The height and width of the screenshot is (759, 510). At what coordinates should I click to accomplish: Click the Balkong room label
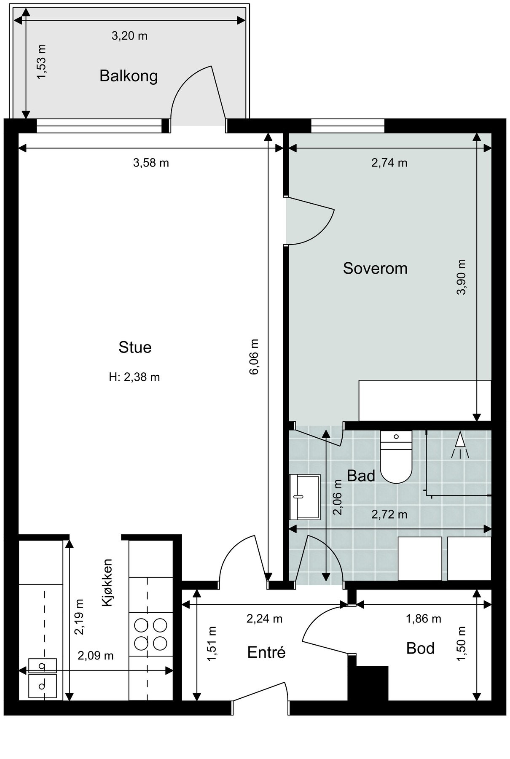tap(129, 76)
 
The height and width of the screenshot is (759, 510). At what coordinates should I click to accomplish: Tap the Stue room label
tap(135, 347)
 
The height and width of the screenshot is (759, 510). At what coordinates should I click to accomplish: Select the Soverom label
tap(375, 268)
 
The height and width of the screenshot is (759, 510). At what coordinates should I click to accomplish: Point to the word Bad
tap(361, 476)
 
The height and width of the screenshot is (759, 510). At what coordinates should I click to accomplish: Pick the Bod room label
tap(420, 648)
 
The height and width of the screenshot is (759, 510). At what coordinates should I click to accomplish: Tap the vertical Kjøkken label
tap(107, 583)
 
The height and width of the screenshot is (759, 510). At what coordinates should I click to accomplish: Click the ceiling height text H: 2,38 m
tap(134, 377)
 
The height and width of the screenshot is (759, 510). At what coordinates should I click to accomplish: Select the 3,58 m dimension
tap(151, 163)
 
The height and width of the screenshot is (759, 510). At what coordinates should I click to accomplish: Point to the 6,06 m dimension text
tap(255, 357)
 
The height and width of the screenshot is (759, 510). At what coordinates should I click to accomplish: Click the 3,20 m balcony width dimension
tap(129, 36)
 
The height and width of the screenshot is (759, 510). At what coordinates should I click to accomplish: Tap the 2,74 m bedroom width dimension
tap(389, 163)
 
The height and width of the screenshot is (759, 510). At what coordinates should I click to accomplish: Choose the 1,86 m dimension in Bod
tap(423, 619)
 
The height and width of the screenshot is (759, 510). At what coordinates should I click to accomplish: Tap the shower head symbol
tap(460, 444)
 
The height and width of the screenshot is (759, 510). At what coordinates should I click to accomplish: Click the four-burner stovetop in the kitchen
tap(150, 634)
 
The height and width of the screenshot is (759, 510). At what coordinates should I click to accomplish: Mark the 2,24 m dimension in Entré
tap(264, 619)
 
